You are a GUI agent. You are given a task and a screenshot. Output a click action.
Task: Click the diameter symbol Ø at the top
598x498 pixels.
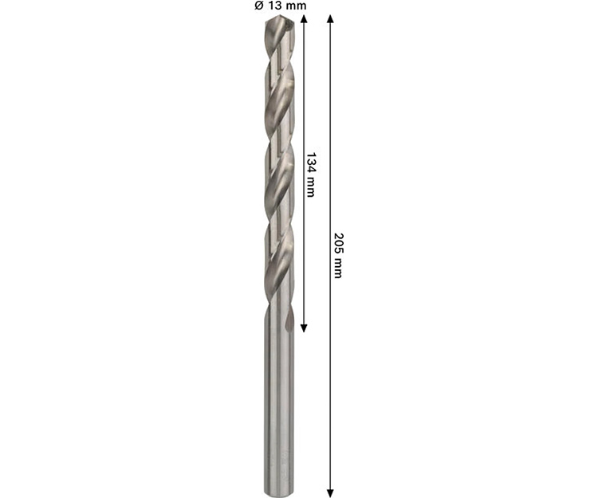pos(259,6)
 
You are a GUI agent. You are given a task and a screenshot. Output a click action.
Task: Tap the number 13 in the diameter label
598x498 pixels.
pos(273,6)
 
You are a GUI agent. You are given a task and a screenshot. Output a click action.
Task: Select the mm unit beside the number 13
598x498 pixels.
pos(295,6)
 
